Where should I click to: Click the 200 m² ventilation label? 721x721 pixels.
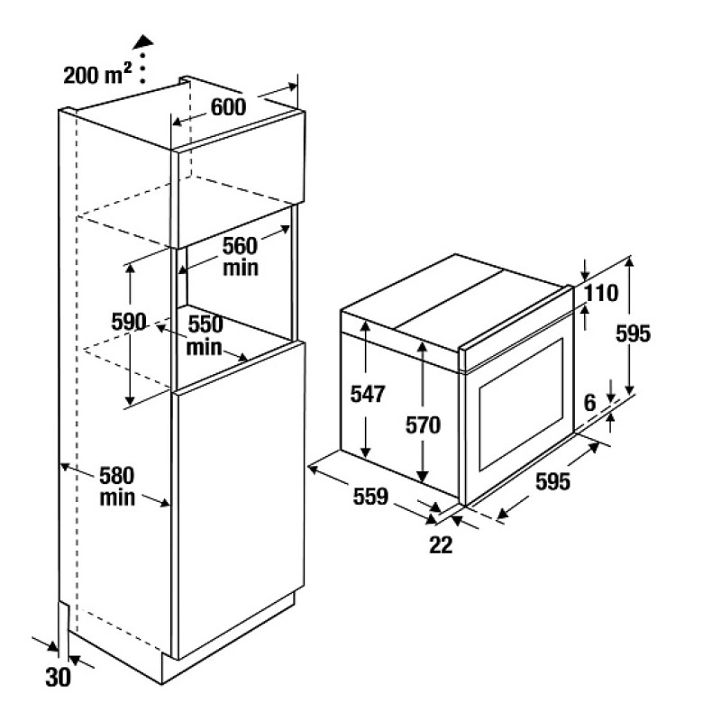pyautogui.click(x=97, y=74)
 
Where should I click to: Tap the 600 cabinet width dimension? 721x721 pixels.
pyautogui.click(x=229, y=107)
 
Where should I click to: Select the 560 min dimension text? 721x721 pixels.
pyautogui.click(x=241, y=257)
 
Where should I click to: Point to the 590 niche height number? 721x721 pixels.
pyautogui.click(x=129, y=322)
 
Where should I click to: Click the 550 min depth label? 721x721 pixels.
pyautogui.click(x=205, y=336)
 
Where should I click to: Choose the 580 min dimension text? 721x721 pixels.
pyautogui.click(x=117, y=487)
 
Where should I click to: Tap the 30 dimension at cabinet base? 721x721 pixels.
pyautogui.click(x=59, y=677)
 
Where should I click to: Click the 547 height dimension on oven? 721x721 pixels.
pyautogui.click(x=368, y=394)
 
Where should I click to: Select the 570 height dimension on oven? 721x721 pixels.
pyautogui.click(x=423, y=424)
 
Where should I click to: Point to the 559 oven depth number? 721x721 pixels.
pyautogui.click(x=370, y=497)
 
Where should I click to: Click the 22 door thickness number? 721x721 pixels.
pyautogui.click(x=441, y=545)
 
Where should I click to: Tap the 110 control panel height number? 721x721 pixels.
pyautogui.click(x=602, y=293)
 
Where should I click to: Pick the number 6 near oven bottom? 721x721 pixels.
pyautogui.click(x=590, y=403)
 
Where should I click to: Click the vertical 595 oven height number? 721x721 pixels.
pyautogui.click(x=634, y=333)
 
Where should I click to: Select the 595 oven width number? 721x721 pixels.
pyautogui.click(x=552, y=481)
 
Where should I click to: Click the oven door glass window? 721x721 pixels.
pyautogui.click(x=522, y=404)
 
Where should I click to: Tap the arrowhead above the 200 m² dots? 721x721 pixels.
pyautogui.click(x=143, y=41)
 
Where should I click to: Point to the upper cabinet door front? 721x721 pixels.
pyautogui.click(x=238, y=179)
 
